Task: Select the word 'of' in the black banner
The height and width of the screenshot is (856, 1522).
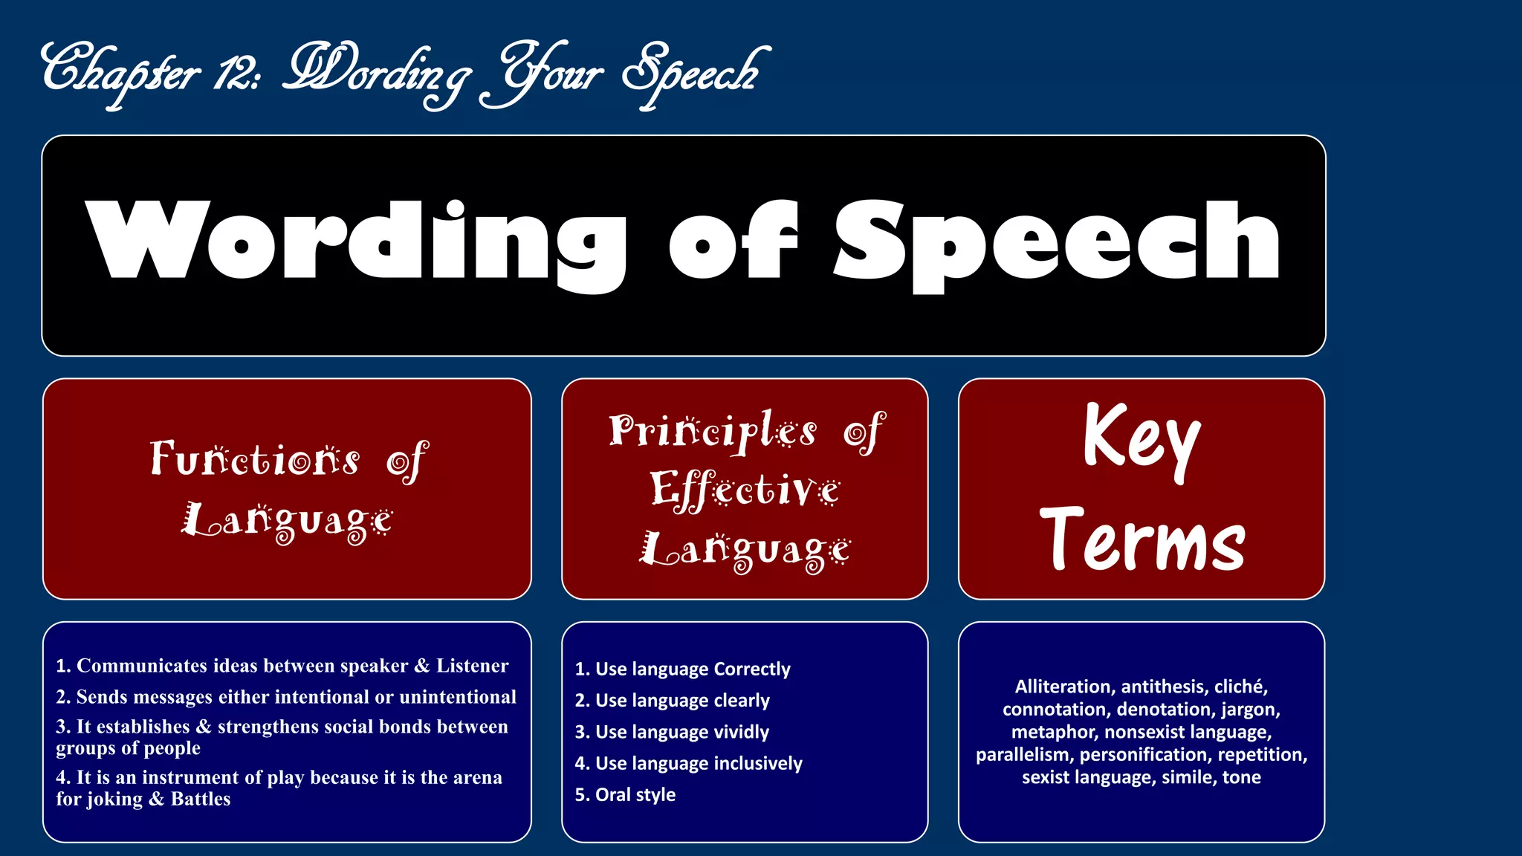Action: (734, 241)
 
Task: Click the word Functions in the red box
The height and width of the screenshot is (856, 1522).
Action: (255, 459)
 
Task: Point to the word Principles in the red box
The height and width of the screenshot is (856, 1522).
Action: (713, 431)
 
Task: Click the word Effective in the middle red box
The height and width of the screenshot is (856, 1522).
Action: (745, 490)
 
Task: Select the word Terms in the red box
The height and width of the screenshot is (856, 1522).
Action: (1141, 540)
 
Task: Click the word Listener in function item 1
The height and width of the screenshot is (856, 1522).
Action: (472, 666)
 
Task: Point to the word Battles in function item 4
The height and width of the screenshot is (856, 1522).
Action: (201, 800)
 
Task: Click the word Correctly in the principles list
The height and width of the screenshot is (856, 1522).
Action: (751, 669)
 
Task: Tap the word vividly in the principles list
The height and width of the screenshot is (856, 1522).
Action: (741, 732)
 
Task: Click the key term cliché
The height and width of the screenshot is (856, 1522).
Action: (1240, 687)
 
